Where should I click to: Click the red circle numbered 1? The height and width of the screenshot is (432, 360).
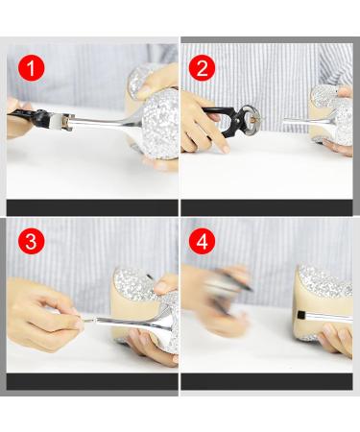pos(32,68)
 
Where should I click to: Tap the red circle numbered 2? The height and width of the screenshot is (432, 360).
pos(202,68)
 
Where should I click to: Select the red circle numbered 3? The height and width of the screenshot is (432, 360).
pos(32,241)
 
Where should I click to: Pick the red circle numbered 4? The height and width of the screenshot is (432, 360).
pos(202,241)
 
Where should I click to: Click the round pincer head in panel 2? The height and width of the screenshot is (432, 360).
pos(250,118)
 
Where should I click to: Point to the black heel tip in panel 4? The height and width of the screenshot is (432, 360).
pos(300,315)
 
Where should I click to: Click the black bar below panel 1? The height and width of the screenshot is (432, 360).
pos(92,207)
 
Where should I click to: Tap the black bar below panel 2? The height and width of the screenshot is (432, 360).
pos(267,207)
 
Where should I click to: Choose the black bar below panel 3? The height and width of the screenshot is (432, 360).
pos(92,381)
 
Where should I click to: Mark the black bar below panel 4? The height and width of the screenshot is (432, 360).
pos(267,381)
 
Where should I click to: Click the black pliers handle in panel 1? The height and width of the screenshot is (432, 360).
pos(27,114)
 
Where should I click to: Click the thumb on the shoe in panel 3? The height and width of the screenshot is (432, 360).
pos(164,285)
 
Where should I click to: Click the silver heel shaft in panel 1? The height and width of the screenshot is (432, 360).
pos(106,122)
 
